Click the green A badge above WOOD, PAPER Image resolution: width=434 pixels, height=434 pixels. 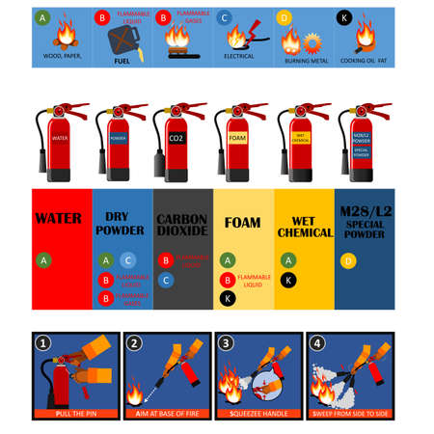coord(41,17)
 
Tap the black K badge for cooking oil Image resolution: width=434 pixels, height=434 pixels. coord(344,17)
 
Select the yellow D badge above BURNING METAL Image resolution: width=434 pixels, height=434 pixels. coord(284,17)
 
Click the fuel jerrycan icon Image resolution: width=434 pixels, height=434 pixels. coord(122,40)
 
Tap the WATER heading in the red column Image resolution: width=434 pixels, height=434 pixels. coord(58,219)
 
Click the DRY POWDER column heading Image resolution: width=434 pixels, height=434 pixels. coord(121,225)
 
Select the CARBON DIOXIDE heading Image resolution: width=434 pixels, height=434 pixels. coord(181,225)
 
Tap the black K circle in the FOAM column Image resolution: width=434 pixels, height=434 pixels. coord(227,298)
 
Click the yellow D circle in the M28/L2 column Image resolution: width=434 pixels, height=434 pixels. coord(348,260)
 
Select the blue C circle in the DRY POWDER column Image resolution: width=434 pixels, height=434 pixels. coord(128,260)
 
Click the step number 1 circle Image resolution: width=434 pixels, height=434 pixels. coord(41,342)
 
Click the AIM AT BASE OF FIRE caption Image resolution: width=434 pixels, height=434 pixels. coord(168,413)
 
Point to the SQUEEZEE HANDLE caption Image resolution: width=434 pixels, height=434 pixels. coord(258,413)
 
